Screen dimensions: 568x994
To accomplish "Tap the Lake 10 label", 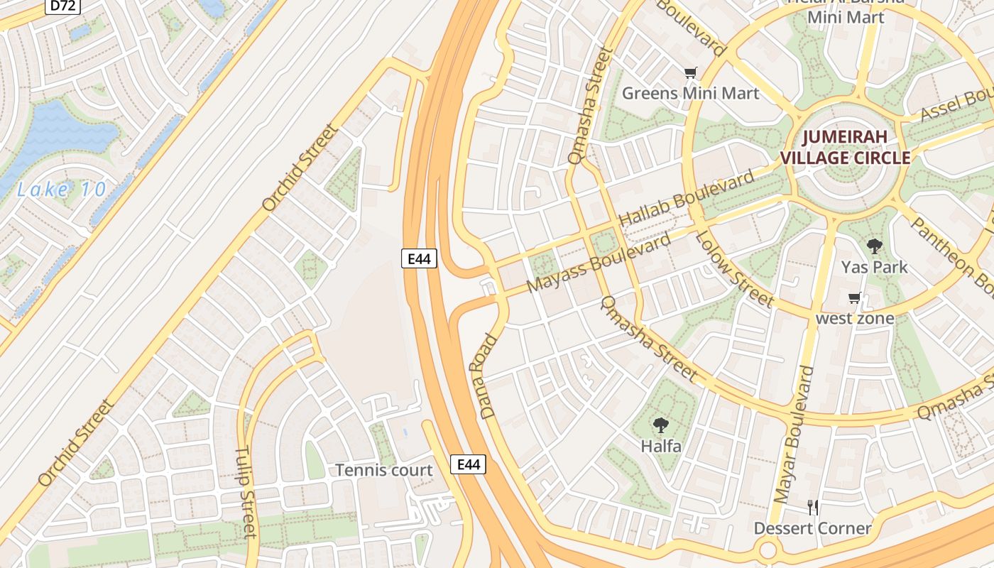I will pyautogui.click(x=62, y=190).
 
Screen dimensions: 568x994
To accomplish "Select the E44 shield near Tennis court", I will pyautogui.click(x=469, y=464).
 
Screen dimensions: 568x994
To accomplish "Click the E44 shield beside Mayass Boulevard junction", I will pyautogui.click(x=419, y=258).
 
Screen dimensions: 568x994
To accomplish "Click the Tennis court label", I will pyautogui.click(x=383, y=470).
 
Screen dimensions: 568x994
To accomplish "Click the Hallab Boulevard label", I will pyautogui.click(x=687, y=199).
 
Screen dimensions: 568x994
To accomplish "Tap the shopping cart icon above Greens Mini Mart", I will pyautogui.click(x=690, y=72).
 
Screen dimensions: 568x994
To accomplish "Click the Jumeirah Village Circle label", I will pyautogui.click(x=845, y=148).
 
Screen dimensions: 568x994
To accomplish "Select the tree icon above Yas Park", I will pyautogui.click(x=874, y=246).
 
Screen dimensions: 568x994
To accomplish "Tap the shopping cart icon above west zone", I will pyautogui.click(x=855, y=298).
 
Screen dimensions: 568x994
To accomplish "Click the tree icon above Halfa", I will pyautogui.click(x=661, y=425).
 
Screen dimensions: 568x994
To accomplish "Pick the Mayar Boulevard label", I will pyautogui.click(x=794, y=435).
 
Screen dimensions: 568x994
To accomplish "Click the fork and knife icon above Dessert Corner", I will pyautogui.click(x=813, y=507).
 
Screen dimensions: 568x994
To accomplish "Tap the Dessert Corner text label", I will pyautogui.click(x=812, y=528).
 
